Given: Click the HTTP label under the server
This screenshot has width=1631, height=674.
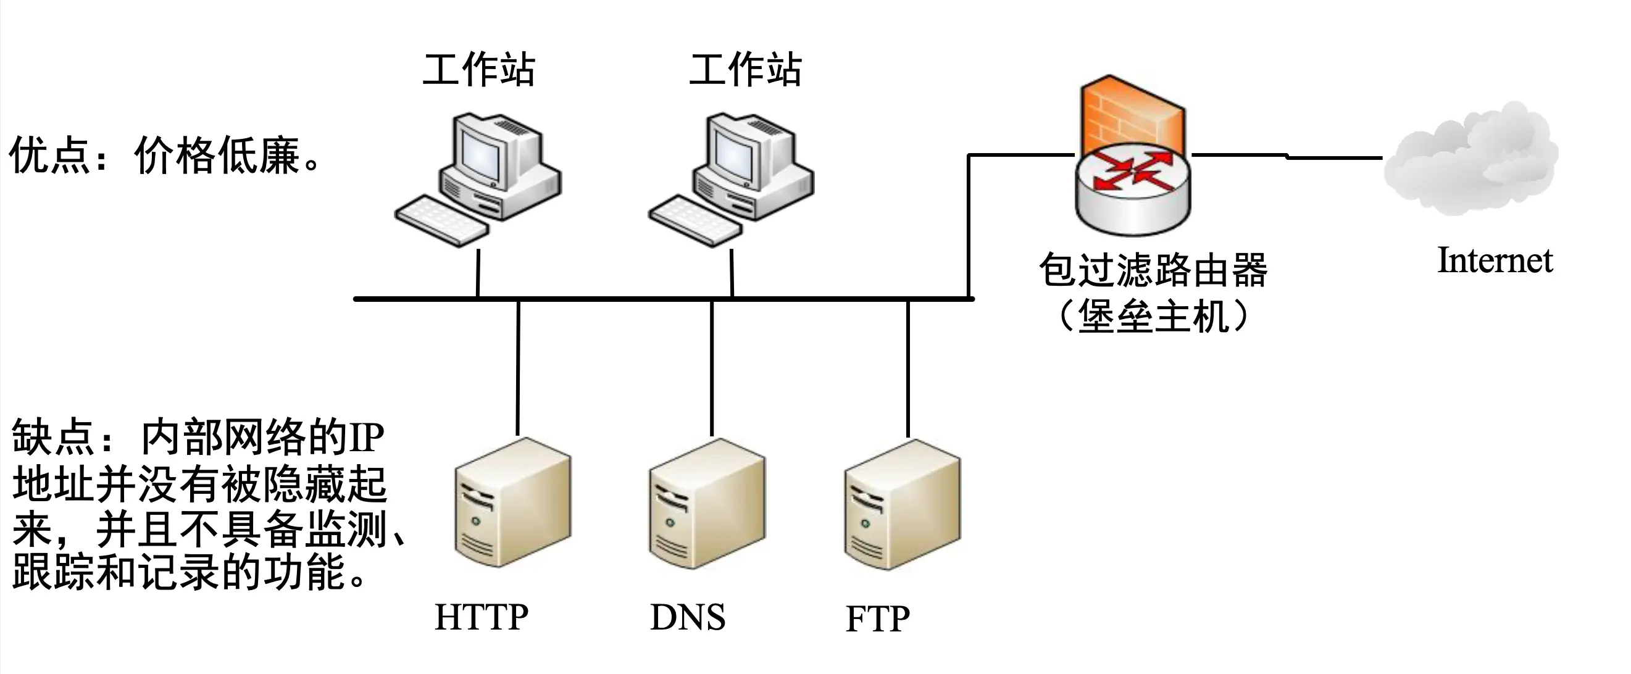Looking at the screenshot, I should (x=481, y=617).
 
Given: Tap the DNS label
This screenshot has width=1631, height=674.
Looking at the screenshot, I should (x=688, y=617).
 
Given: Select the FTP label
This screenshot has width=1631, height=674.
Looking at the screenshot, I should (x=878, y=619).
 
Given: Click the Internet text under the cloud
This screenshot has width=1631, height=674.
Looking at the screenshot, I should (x=1495, y=260).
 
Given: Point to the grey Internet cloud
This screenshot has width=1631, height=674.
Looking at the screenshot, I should (x=1472, y=158).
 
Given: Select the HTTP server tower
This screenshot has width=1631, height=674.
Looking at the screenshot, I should (x=513, y=503).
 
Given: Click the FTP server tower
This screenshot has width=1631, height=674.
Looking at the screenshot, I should (x=903, y=505).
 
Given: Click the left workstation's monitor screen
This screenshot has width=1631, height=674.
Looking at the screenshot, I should (x=481, y=155).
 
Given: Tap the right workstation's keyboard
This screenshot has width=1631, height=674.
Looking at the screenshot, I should (x=695, y=220).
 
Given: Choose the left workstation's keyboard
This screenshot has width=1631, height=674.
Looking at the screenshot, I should (x=441, y=220).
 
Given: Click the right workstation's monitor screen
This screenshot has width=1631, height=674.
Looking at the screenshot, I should (x=735, y=155).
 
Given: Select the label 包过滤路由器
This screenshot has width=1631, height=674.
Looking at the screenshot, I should (x=1153, y=270).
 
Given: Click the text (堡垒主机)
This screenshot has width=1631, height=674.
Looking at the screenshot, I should (x=1153, y=315).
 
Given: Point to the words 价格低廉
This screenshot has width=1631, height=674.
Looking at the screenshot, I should (x=217, y=155).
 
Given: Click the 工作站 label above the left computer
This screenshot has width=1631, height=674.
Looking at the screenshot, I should (x=478, y=70).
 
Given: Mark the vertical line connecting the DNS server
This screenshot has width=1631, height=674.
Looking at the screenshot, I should (x=712, y=367).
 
